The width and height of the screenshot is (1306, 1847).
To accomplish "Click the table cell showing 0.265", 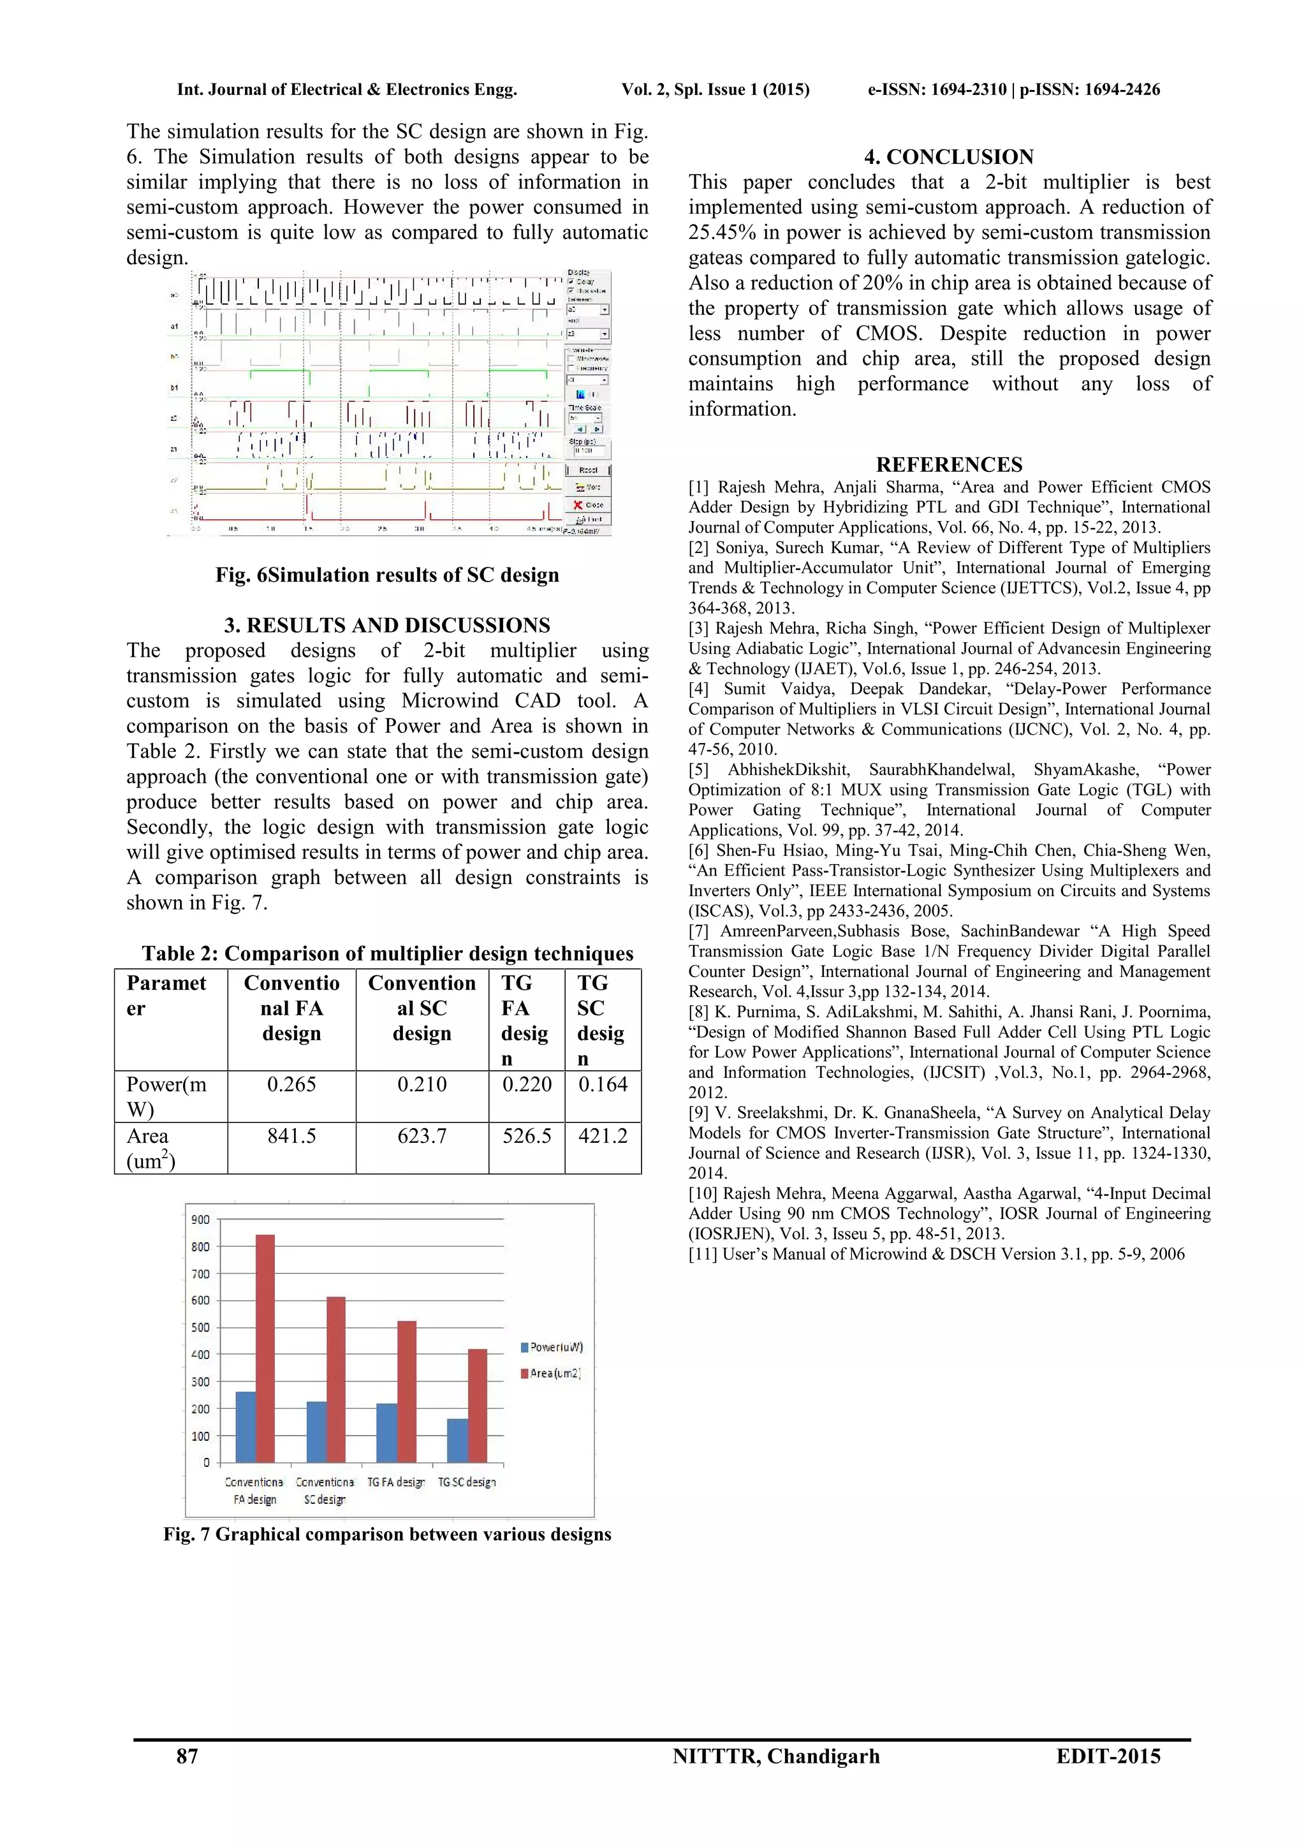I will [291, 1084].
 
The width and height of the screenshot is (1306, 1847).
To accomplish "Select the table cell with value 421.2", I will [603, 1136].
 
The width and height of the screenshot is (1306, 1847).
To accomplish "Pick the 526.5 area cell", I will [527, 1136].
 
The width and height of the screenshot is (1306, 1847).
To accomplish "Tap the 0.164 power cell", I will [603, 1084].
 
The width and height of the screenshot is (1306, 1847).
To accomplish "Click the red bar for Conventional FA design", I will [265, 1351].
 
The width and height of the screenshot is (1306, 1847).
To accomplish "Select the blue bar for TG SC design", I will [457, 1441].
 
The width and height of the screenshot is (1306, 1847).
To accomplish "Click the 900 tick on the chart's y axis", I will [200, 1219].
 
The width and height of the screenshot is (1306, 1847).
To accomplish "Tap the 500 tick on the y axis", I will [200, 1328].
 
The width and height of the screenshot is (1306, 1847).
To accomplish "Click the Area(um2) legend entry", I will [554, 1373].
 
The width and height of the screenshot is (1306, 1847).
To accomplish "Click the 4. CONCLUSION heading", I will [949, 157].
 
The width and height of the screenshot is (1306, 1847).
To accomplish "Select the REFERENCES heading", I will [949, 465].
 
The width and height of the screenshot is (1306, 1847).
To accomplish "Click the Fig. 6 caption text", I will [387, 575].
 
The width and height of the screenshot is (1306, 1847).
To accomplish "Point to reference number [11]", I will [703, 1254].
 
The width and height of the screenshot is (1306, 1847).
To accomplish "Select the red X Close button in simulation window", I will [589, 504].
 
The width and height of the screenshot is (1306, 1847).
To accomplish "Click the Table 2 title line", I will [387, 954].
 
